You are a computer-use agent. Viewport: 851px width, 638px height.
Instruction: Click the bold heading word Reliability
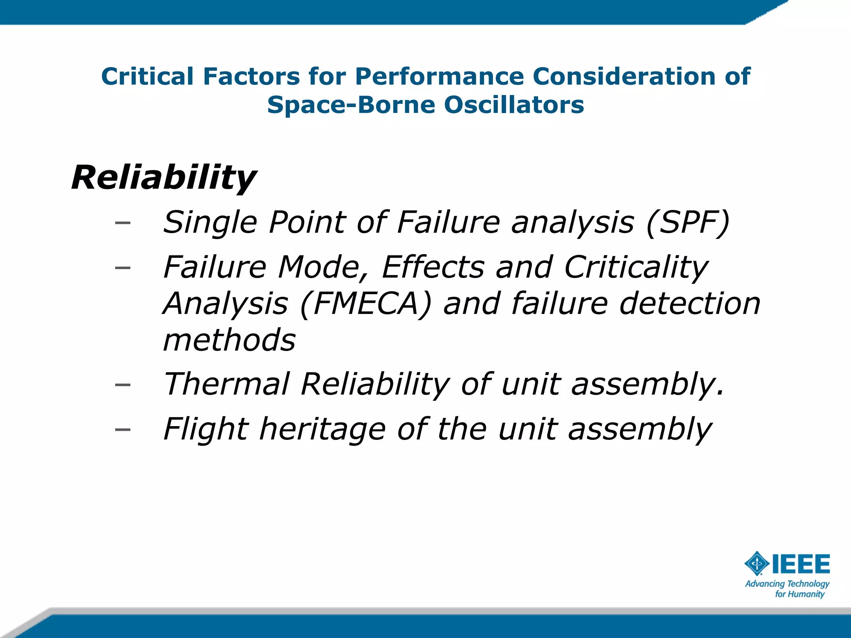[x=164, y=178]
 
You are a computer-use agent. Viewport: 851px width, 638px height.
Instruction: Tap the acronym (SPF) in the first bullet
[x=688, y=223]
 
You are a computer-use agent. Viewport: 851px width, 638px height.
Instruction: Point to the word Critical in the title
[x=148, y=76]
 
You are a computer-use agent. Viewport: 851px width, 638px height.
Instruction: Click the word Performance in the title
[x=440, y=76]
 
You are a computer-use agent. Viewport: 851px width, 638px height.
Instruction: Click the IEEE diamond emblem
[x=757, y=564]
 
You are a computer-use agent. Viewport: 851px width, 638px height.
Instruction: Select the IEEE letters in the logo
[x=801, y=564]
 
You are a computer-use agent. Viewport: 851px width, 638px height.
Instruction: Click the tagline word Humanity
[x=806, y=594]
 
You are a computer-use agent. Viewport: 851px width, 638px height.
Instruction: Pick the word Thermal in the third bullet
[x=227, y=384]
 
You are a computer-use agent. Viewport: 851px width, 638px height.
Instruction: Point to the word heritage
[x=322, y=429]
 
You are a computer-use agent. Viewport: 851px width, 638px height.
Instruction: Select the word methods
[x=229, y=340]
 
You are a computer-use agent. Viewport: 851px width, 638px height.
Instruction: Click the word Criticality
[x=636, y=267]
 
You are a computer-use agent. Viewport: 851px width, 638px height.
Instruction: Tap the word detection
[x=690, y=304]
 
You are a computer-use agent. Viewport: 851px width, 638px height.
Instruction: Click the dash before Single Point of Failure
[x=123, y=223]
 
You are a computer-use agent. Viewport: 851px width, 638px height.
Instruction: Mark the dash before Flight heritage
[x=123, y=429]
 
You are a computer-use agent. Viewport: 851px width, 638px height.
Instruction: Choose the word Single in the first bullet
[x=210, y=223]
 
